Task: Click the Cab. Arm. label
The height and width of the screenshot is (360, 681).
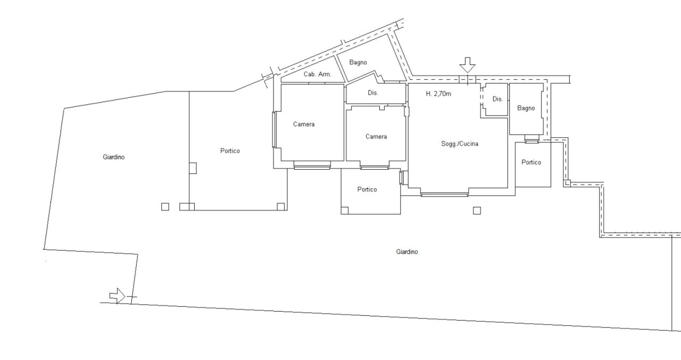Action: (318, 74)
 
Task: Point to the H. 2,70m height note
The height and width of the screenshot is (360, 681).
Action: (438, 94)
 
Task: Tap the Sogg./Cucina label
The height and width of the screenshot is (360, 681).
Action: (460, 144)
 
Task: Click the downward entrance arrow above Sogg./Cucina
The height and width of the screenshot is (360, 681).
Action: (467, 65)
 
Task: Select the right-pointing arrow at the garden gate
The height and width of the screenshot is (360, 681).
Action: (118, 296)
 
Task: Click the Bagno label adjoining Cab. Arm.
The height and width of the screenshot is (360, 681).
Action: (358, 62)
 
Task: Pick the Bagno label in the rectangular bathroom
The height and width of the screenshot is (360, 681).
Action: (526, 108)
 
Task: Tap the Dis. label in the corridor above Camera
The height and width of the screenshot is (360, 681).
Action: (373, 93)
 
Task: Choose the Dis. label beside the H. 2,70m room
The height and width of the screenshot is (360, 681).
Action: (497, 99)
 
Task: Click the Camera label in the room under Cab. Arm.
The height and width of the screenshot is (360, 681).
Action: (304, 124)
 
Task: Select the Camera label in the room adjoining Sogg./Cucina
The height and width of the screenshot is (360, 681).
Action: (376, 137)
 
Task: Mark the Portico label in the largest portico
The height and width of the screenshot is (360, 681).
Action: (230, 151)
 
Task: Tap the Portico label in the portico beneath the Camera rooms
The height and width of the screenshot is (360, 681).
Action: (367, 189)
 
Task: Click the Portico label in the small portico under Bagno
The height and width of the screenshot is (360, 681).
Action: (531, 162)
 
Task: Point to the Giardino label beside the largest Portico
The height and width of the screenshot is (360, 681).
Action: (114, 157)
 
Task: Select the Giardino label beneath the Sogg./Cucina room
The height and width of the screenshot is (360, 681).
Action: (407, 252)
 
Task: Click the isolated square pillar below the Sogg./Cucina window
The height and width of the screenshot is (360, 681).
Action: (477, 211)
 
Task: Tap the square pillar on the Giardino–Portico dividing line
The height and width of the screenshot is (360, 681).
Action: (193, 168)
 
